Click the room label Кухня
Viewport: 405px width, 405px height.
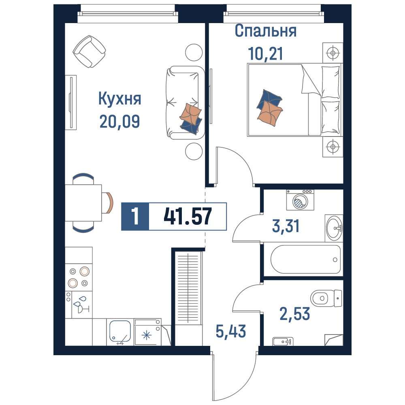119,99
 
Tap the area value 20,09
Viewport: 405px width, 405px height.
119,122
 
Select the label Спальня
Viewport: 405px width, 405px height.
266,31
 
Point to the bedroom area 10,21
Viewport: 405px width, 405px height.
265,53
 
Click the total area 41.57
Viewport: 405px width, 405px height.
188,216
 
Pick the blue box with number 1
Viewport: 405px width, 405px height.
135,216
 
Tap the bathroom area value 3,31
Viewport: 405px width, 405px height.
286,226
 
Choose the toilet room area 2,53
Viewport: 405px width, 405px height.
295,314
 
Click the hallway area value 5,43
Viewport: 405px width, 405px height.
231,331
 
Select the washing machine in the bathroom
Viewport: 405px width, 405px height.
300,200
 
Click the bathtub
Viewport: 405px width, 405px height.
305,259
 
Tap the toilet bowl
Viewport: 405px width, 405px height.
326,298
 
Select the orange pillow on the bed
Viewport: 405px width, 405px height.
270,113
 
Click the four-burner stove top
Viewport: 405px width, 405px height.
79,277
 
